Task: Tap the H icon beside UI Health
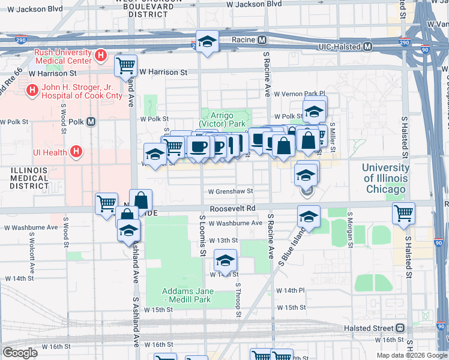point(76,152)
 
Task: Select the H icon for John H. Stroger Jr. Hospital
point(31,91)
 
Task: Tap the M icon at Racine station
point(262,40)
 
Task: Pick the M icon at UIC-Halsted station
point(367,46)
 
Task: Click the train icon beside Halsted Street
point(400,328)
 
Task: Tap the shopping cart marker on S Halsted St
point(403,213)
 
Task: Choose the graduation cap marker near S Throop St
point(225,260)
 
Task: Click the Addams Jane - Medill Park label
point(187,295)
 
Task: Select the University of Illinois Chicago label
point(385,178)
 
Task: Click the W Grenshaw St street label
point(231,192)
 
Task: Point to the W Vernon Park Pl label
point(299,94)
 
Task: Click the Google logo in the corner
point(20,353)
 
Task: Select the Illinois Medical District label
point(28,178)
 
